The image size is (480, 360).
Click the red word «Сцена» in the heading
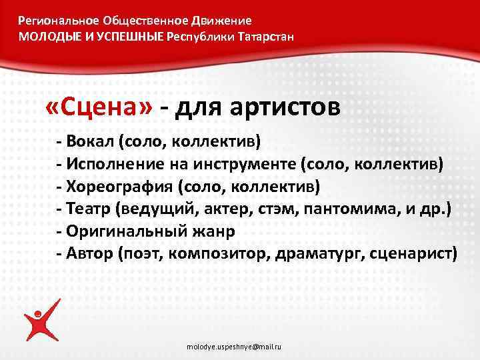coord(100,107)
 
